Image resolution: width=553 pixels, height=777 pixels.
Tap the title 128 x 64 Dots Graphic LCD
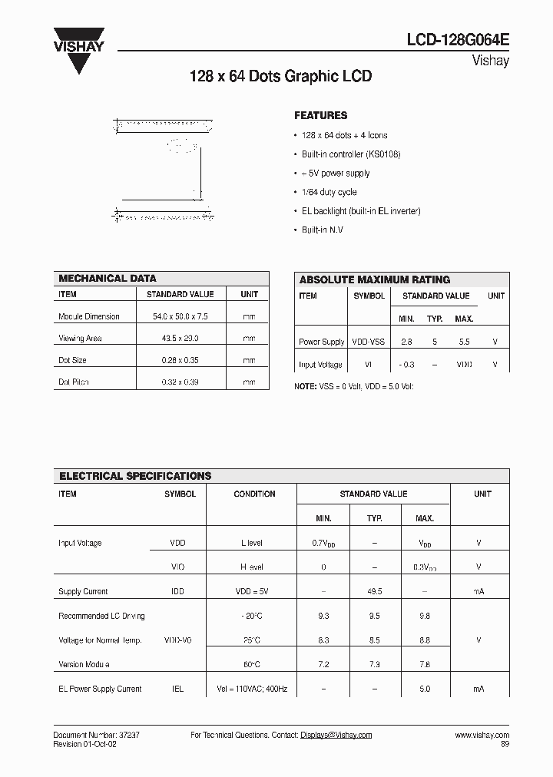[280, 77]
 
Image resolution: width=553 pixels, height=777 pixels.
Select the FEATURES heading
[320, 115]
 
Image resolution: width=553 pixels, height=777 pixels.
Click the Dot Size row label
[72, 360]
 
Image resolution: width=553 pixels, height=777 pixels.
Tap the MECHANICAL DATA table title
[108, 279]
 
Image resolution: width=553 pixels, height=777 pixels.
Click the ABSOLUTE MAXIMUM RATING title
[374, 279]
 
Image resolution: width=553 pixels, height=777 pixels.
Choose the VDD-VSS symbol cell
[369, 342]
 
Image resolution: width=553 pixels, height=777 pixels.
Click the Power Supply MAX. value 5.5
[463, 342]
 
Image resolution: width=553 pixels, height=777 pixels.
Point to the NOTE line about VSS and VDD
[354, 386]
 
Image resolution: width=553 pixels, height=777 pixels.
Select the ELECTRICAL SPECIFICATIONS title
[135, 476]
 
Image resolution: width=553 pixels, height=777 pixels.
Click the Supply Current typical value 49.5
[374, 591]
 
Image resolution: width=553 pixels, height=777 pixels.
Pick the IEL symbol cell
[177, 689]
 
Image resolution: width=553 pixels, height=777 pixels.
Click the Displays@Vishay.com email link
[336, 735]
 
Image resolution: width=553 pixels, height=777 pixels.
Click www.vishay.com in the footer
[482, 735]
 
